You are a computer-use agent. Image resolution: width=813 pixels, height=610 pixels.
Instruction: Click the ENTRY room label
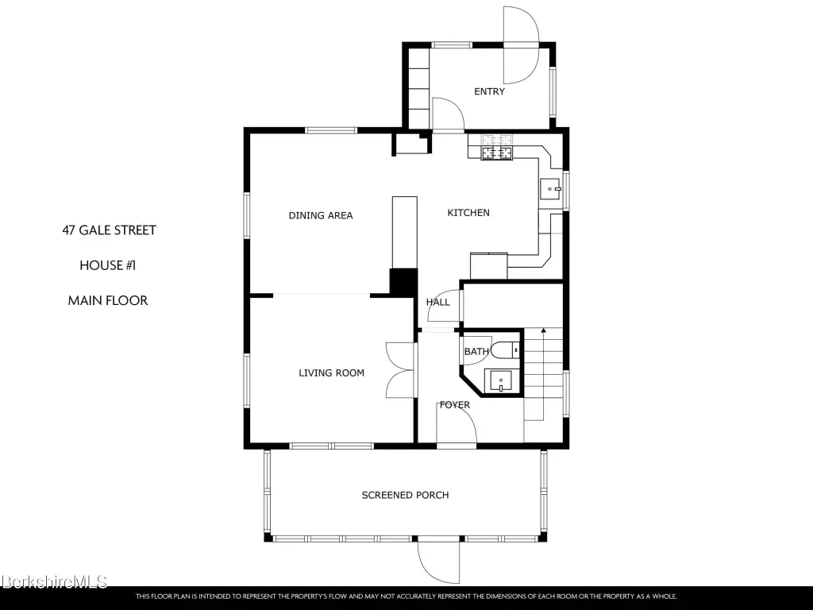[489, 92]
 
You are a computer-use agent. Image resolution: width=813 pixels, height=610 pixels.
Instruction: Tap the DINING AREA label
[321, 215]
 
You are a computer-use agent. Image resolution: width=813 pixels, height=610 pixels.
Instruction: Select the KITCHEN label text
[468, 213]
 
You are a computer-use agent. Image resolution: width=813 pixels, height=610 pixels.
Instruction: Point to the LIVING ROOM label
[331, 373]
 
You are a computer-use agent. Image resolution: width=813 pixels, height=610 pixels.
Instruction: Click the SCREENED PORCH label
[405, 496]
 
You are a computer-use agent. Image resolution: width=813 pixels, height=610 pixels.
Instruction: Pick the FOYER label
[455, 405]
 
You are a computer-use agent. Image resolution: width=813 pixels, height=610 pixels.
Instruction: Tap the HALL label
[438, 303]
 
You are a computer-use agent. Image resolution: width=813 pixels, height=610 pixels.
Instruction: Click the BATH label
[476, 352]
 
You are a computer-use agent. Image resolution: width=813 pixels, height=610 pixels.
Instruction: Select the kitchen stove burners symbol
[497, 147]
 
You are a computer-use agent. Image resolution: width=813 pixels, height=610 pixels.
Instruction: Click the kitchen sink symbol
[549, 189]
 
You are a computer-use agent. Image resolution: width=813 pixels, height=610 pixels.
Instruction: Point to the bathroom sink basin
[499, 381]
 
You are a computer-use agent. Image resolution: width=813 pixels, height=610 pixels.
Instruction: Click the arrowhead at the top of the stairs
[543, 330]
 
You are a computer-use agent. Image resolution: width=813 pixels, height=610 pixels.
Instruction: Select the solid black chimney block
[403, 283]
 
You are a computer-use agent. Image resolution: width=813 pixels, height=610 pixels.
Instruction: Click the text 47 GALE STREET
[109, 230]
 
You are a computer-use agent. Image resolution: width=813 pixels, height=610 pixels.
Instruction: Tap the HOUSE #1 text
[107, 265]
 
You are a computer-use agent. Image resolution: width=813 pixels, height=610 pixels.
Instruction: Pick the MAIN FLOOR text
[108, 301]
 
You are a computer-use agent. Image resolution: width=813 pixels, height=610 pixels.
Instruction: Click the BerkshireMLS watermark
[54, 581]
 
